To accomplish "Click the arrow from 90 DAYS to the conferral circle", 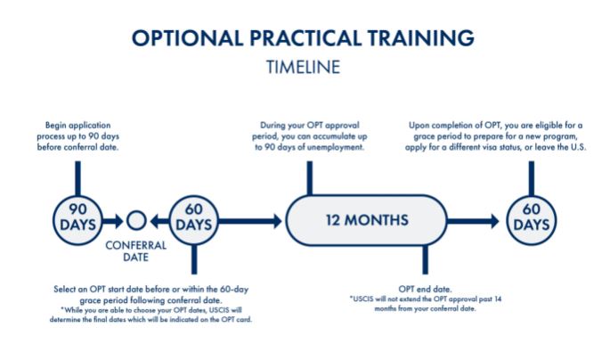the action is (113, 221).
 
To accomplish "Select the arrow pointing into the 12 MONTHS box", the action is (250, 221).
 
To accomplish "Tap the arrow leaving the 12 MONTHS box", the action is (473, 221).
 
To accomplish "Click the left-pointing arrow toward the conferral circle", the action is (159, 221).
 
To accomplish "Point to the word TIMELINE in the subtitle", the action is (303, 68).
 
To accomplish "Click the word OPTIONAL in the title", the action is (188, 38).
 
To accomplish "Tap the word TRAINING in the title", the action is (420, 38).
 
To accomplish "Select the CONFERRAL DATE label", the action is (135, 251).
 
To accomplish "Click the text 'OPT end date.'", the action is (425, 290).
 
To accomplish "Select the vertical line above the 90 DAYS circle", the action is (77, 178).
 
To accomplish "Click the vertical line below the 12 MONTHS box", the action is (425, 259).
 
